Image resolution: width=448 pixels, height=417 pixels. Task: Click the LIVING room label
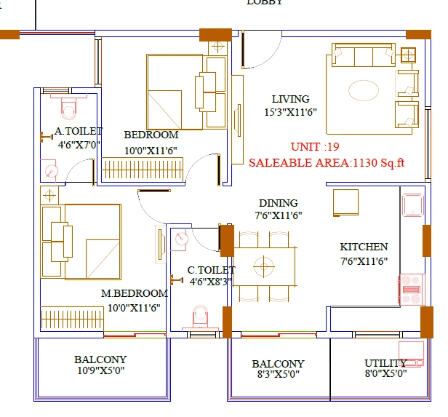(290, 99)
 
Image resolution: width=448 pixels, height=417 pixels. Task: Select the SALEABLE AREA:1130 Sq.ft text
(326, 163)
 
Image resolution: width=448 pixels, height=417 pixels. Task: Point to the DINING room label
(278, 203)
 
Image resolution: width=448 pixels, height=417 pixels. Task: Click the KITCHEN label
(364, 247)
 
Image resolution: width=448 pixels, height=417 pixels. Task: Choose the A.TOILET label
(79, 132)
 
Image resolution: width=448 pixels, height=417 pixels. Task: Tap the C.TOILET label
(211, 269)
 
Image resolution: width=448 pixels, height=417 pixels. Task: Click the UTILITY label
(385, 363)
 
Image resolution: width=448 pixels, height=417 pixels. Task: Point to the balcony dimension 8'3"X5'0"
(278, 375)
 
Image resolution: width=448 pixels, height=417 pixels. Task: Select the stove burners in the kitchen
(411, 288)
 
